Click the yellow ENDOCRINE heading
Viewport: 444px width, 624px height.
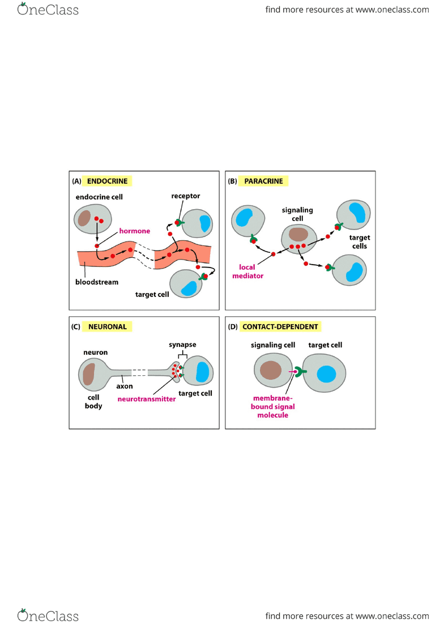point(107,181)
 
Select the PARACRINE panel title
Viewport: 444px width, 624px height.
point(263,181)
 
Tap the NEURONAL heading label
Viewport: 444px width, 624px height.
point(108,326)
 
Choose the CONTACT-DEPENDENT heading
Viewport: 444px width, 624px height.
point(280,326)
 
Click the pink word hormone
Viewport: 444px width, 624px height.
point(135,231)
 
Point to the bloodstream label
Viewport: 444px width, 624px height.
point(97,282)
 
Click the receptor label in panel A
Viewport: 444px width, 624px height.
point(186,196)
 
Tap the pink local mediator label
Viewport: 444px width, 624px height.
point(247,271)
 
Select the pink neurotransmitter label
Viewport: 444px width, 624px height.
point(146,399)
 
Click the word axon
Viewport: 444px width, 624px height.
point(125,386)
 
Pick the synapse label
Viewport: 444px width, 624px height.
point(182,345)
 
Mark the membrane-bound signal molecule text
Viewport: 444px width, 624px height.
point(272,406)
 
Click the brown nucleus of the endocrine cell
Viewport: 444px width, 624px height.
point(84,218)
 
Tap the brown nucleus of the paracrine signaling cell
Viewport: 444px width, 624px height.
point(298,235)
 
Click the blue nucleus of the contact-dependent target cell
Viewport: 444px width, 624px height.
point(326,374)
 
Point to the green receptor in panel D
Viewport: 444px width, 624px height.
point(301,372)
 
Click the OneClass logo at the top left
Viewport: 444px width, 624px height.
point(48,9)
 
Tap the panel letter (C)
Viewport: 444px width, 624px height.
point(75,326)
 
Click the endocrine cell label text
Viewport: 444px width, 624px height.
point(99,197)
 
